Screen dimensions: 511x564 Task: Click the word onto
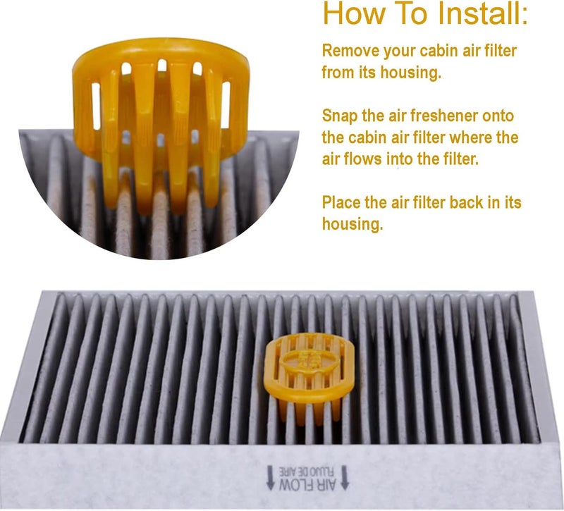496,116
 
